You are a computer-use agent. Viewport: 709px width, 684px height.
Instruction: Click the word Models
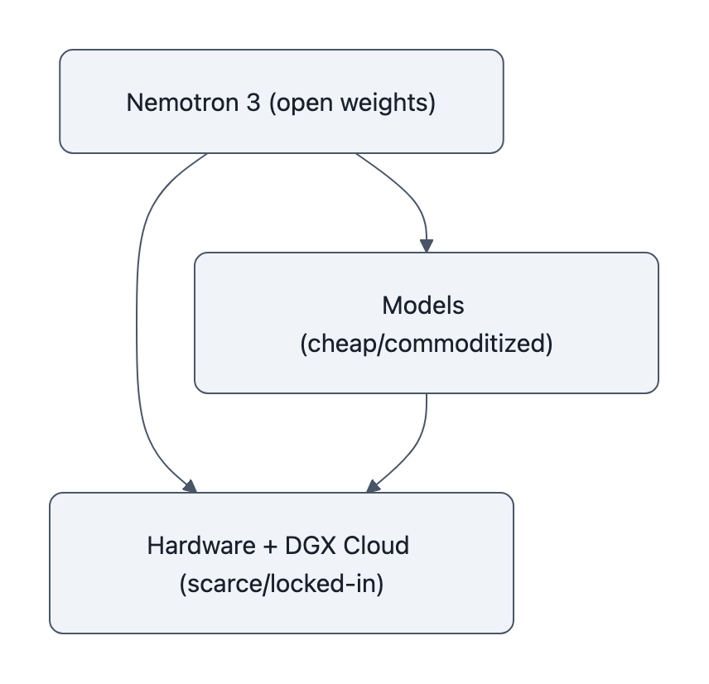pyautogui.click(x=423, y=306)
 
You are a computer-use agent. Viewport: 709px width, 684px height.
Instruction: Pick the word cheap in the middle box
pyautogui.click(x=334, y=344)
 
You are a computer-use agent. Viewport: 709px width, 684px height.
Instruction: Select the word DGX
pyautogui.click(x=309, y=547)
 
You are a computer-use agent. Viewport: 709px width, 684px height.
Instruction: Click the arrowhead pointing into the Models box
pyautogui.click(x=427, y=246)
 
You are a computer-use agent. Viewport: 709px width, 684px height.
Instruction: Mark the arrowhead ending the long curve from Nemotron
pyautogui.click(x=189, y=486)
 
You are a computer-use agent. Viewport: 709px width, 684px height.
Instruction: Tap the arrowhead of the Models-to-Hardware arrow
pyautogui.click(x=373, y=486)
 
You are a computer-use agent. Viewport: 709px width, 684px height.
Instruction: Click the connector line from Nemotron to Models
pyautogui.click(x=406, y=190)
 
